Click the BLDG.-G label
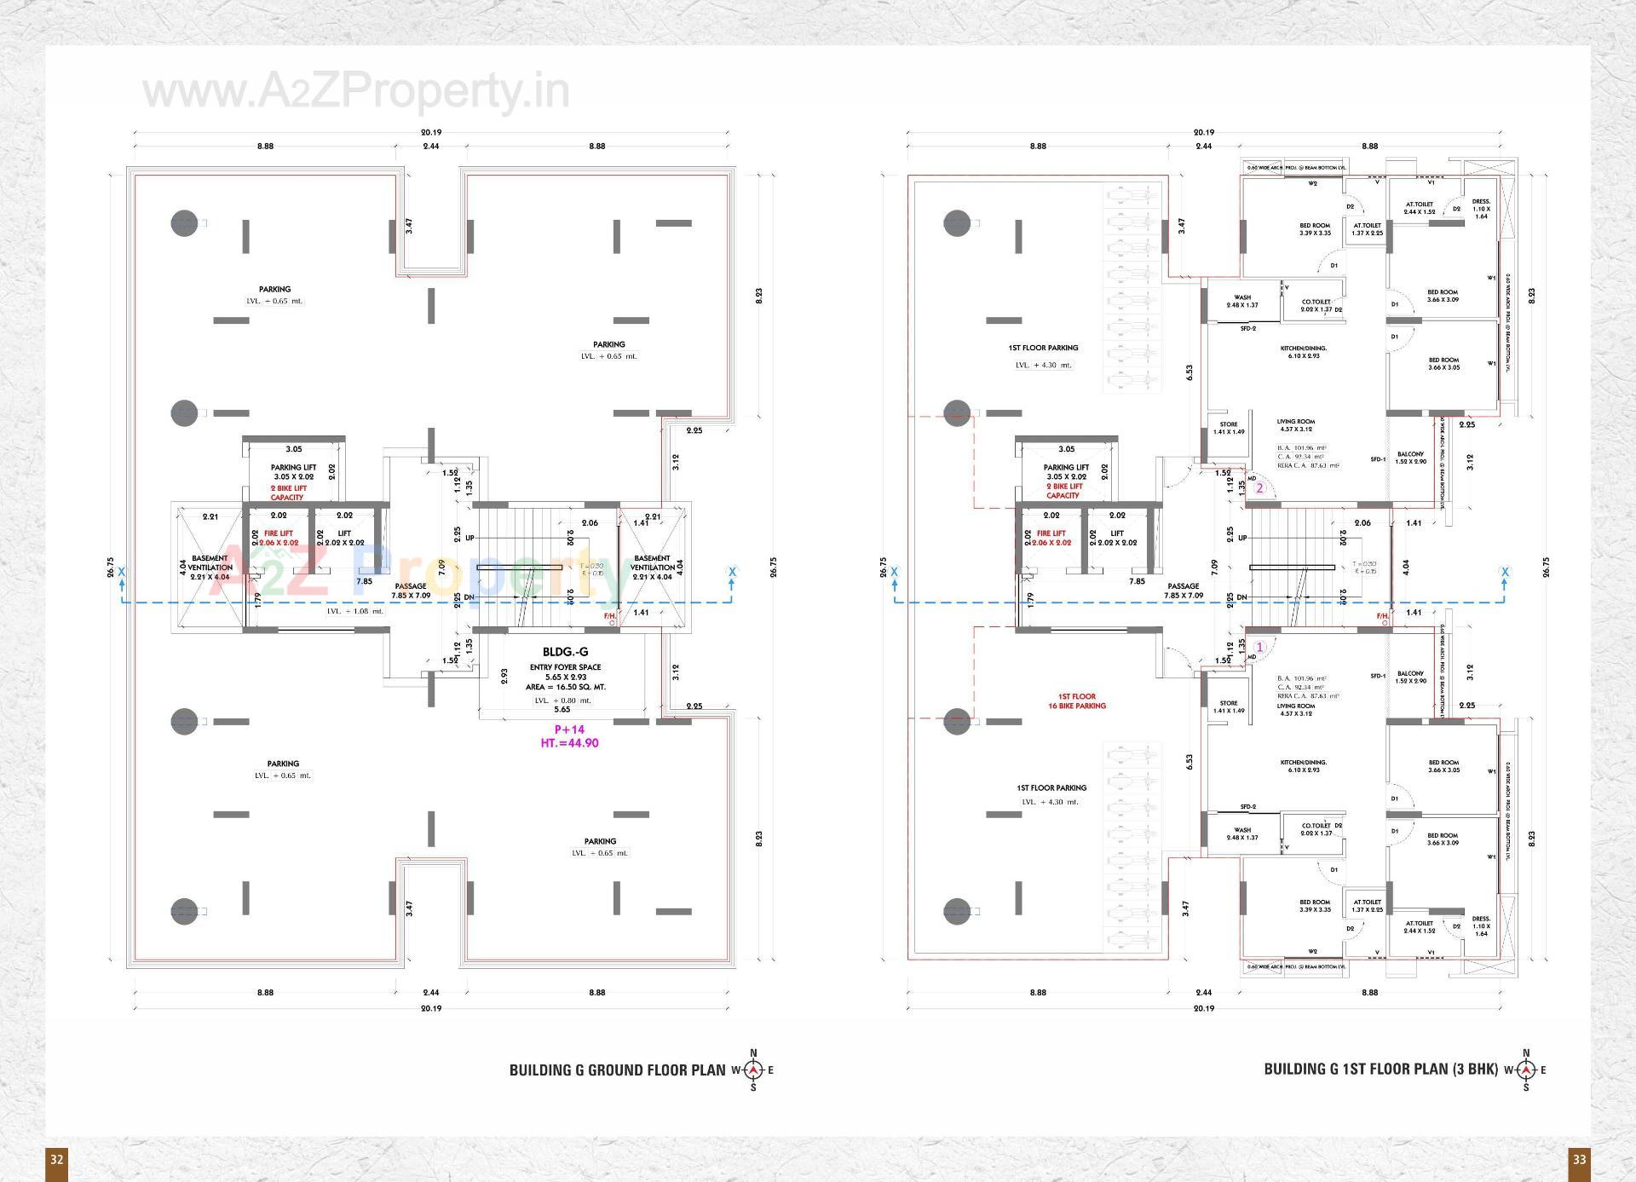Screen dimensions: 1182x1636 565,652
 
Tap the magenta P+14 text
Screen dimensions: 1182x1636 569,729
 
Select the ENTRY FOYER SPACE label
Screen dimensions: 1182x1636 565,667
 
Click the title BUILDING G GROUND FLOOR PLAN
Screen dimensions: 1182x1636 617,1070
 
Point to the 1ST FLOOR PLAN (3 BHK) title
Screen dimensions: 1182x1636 1380,1070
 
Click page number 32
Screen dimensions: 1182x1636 56,1159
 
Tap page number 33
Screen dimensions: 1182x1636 1579,1159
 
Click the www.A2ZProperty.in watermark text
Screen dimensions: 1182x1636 356,92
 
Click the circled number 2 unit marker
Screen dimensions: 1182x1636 1259,488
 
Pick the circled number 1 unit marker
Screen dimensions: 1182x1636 1259,647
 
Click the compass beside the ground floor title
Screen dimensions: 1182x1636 753,1070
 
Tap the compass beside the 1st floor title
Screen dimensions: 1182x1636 1525,1070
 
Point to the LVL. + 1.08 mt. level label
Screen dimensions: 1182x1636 355,611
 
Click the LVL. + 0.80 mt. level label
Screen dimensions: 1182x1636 562,700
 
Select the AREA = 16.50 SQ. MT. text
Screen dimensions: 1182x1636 565,687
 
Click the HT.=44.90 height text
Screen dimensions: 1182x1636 569,743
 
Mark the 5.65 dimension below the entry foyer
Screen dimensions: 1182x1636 562,710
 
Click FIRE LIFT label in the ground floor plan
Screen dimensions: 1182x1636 279,533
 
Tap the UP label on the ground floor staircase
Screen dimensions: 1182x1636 469,538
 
